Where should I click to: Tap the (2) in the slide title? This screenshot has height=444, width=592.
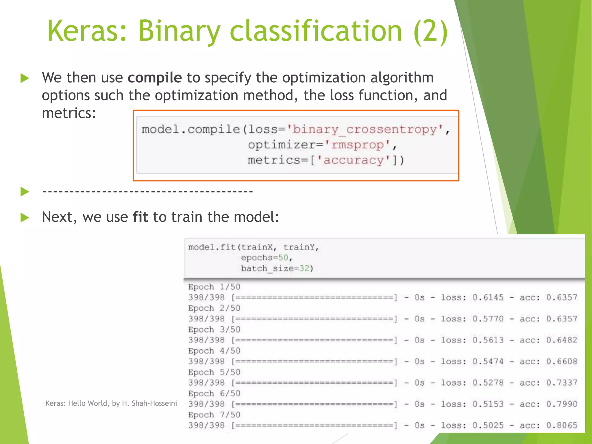(x=431, y=31)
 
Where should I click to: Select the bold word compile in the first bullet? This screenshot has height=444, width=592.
(x=155, y=77)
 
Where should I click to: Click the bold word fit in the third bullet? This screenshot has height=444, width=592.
(x=140, y=217)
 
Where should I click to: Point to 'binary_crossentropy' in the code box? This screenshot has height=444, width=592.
(x=365, y=129)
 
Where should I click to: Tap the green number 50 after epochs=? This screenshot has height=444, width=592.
(x=283, y=258)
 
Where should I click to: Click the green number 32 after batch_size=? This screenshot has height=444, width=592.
(x=304, y=269)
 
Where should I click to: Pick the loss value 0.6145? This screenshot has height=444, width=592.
(x=488, y=297)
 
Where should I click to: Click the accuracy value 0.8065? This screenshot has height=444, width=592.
(x=561, y=425)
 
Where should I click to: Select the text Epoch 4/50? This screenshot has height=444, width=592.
(x=214, y=351)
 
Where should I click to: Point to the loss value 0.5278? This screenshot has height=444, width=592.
(x=488, y=383)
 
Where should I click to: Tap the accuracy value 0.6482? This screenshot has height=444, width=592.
(x=561, y=340)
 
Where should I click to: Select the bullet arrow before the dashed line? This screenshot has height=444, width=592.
(x=25, y=191)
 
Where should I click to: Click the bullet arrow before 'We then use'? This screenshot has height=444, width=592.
(x=25, y=78)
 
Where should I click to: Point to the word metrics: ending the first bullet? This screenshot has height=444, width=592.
(x=69, y=113)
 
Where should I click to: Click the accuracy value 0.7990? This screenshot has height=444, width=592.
(x=561, y=404)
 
